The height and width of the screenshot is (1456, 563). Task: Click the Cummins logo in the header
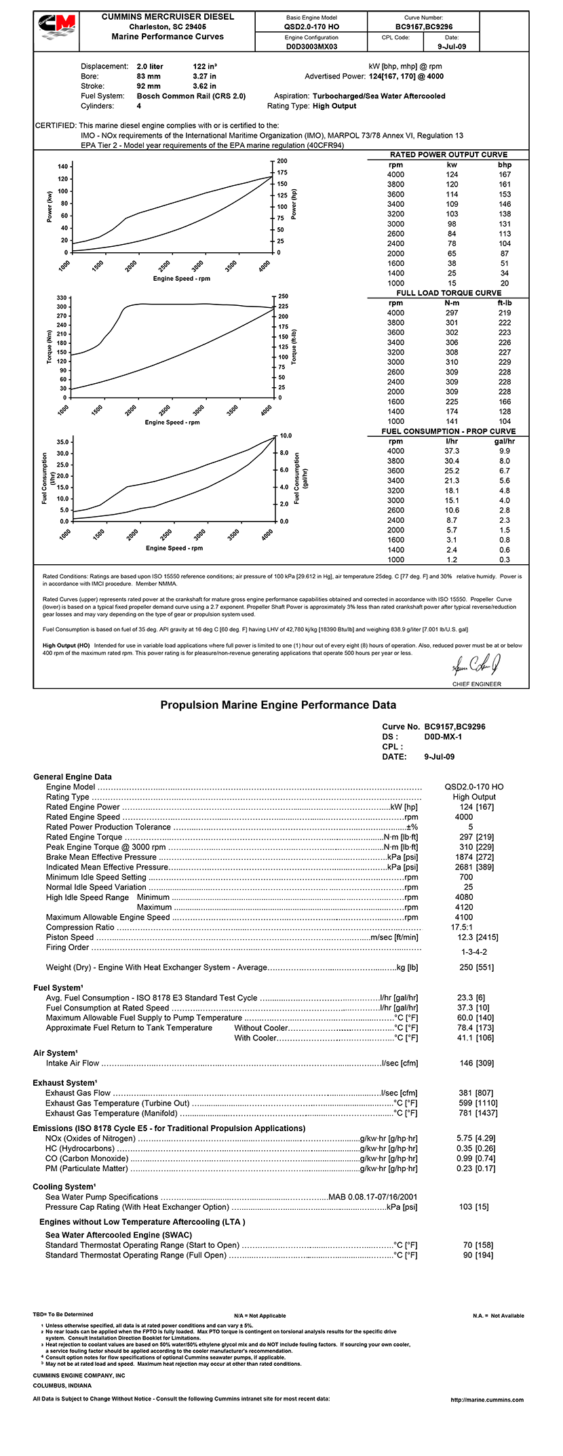(56, 31)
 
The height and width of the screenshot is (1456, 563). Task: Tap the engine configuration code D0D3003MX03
(311, 47)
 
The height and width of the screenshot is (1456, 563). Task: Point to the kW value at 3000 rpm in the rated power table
(452, 224)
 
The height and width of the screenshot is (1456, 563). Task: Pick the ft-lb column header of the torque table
(504, 303)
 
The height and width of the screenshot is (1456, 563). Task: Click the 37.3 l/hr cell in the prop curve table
(452, 451)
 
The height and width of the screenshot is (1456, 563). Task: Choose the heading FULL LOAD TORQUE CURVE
(448, 293)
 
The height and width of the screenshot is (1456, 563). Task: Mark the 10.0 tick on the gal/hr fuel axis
(286, 436)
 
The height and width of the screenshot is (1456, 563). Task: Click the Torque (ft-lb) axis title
(294, 347)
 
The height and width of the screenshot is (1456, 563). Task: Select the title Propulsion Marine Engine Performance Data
(278, 705)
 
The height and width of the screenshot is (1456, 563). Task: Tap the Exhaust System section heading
(65, 1083)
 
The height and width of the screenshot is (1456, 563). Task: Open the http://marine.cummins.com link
(487, 1400)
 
